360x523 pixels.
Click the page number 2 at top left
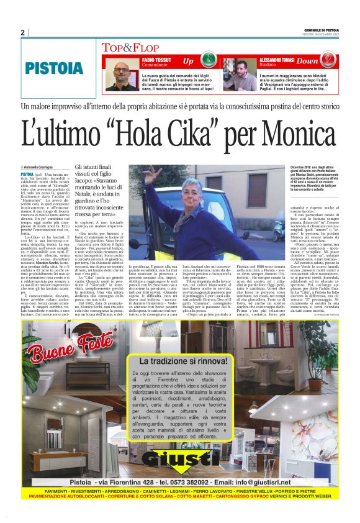(22, 32)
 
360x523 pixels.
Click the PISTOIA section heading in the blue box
(55, 69)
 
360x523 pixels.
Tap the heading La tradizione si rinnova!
(189, 360)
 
